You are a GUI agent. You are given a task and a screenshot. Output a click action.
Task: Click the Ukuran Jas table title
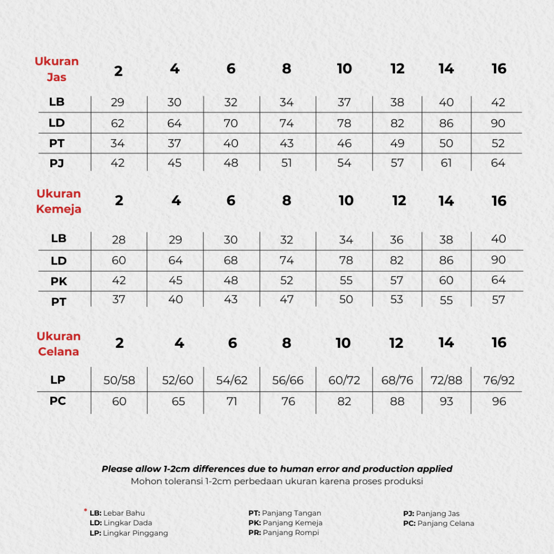tap(57, 69)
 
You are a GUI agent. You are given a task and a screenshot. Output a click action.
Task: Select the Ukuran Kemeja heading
tap(58, 201)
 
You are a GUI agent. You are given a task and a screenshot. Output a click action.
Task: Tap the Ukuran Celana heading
tap(58, 344)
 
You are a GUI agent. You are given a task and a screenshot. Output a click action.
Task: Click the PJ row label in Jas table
tap(57, 163)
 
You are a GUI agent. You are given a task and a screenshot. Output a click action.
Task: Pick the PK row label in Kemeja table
tap(58, 281)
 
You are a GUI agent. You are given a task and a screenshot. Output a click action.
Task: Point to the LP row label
tap(58, 380)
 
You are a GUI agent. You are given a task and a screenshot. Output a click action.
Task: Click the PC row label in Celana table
tap(58, 401)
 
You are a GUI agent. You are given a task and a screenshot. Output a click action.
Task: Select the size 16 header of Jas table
tap(499, 69)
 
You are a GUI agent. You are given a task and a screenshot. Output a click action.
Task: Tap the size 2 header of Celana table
tap(119, 343)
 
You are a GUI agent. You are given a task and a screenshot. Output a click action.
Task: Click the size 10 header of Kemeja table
tap(346, 201)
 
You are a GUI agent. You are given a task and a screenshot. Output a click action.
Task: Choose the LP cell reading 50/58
tap(119, 380)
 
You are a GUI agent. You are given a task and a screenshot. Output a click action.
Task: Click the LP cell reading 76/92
tap(499, 380)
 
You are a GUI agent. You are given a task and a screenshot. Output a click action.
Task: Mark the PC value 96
tap(499, 401)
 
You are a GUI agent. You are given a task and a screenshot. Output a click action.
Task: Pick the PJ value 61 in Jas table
tap(446, 163)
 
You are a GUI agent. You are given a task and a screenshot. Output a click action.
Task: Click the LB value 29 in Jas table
tap(118, 102)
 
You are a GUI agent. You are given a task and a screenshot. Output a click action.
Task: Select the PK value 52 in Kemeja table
tap(287, 281)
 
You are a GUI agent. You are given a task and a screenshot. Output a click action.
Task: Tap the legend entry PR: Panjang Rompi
tap(283, 533)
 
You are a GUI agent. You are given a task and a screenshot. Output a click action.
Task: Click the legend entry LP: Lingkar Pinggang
tap(129, 533)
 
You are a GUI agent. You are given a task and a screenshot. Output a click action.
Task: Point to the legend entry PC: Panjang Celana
tap(438, 523)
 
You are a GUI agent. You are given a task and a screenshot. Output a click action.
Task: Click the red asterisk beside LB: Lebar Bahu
tap(85, 510)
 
